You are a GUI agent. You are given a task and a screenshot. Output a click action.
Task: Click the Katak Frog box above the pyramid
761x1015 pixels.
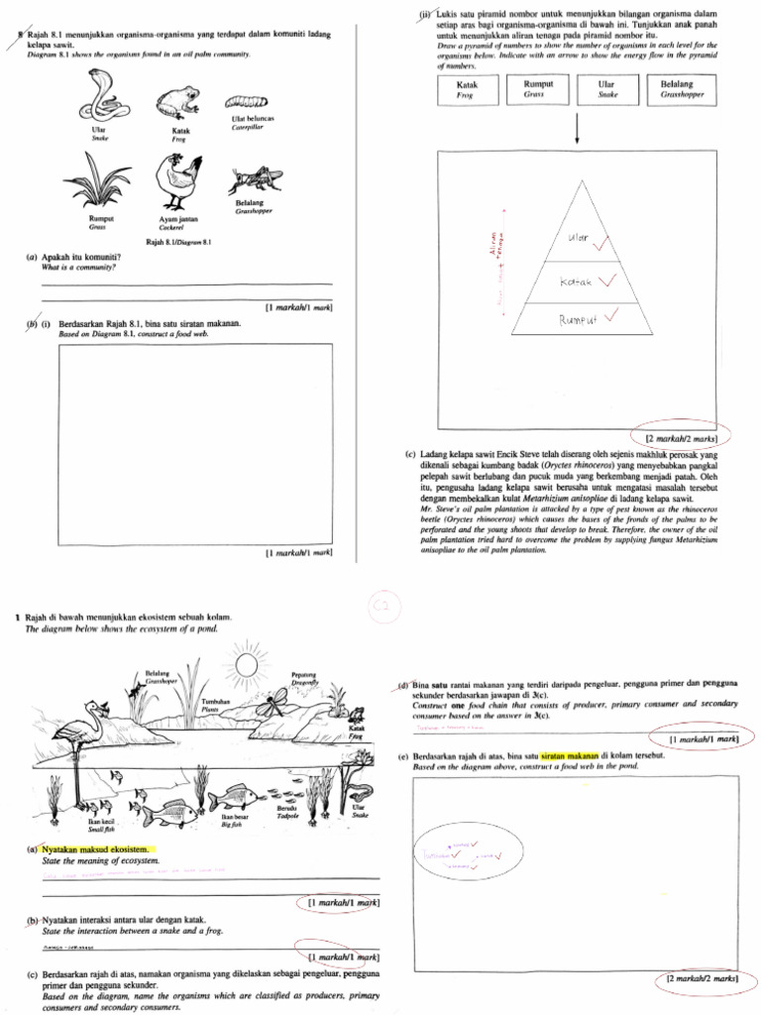[467, 90]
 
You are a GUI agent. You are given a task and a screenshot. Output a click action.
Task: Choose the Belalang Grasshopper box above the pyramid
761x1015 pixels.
[677, 90]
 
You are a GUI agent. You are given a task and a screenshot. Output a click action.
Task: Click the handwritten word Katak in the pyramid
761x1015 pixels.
[577, 282]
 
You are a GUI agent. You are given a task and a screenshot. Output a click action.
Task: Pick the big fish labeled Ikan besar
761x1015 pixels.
[231, 794]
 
